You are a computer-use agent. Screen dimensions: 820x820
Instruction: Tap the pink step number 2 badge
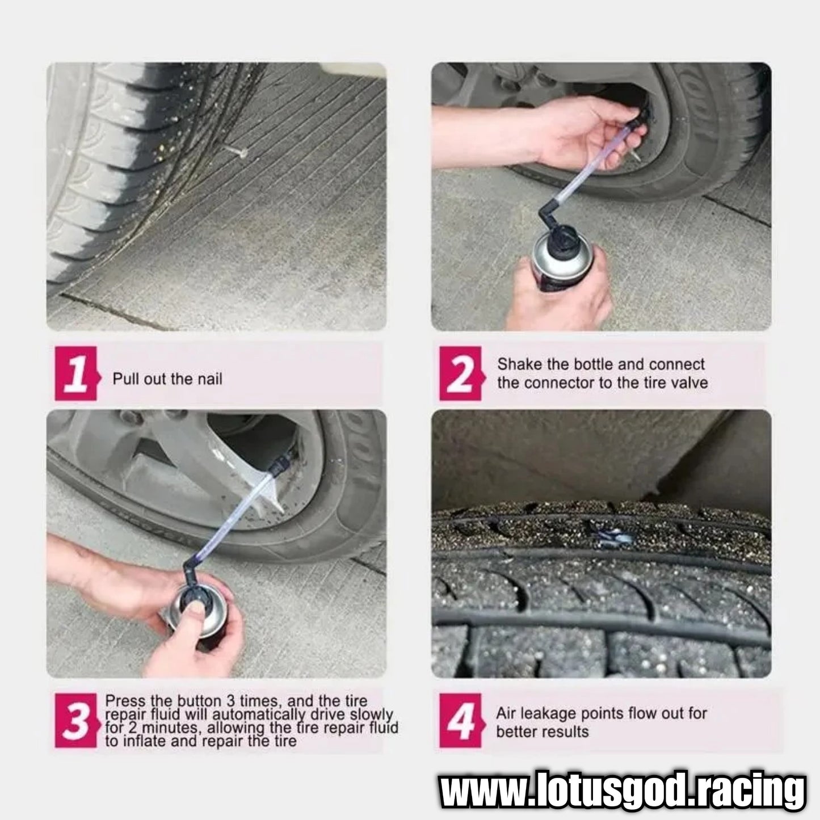[462, 373]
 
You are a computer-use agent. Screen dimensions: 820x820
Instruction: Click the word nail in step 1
[210, 379]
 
